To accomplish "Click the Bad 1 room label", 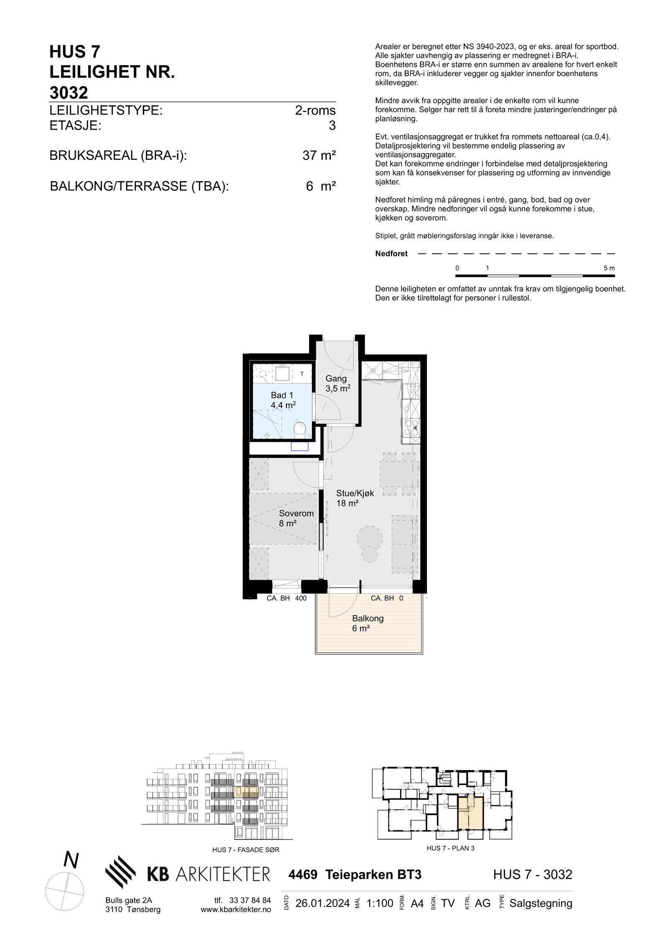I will click(x=282, y=400).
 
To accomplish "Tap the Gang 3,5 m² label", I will click(x=337, y=383).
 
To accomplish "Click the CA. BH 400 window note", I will click(x=286, y=598).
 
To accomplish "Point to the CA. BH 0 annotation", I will click(x=387, y=598).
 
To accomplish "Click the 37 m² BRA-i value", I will click(x=319, y=156).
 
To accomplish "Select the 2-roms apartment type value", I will click(x=315, y=110).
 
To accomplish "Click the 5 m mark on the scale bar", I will click(x=609, y=268).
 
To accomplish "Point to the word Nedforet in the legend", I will click(x=391, y=254).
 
